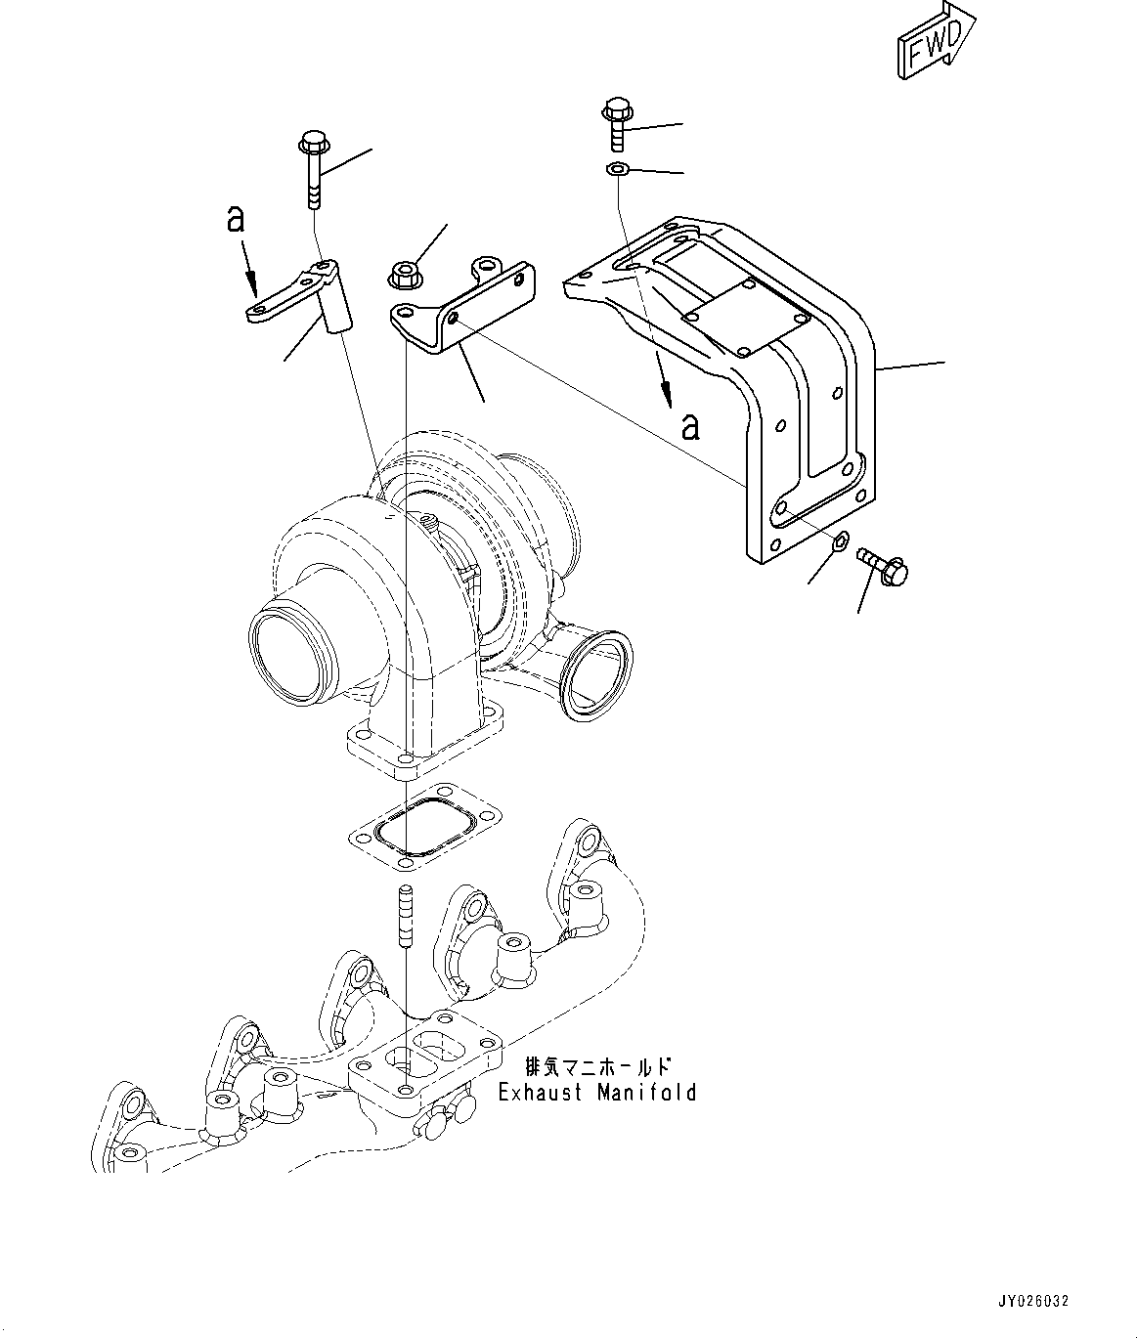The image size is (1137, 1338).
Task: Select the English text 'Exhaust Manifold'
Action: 597,1092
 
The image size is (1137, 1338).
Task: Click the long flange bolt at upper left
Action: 313,172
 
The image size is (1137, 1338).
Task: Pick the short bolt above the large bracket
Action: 618,124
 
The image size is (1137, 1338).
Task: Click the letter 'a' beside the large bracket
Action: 691,426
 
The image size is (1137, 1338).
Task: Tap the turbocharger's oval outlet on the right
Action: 597,675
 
